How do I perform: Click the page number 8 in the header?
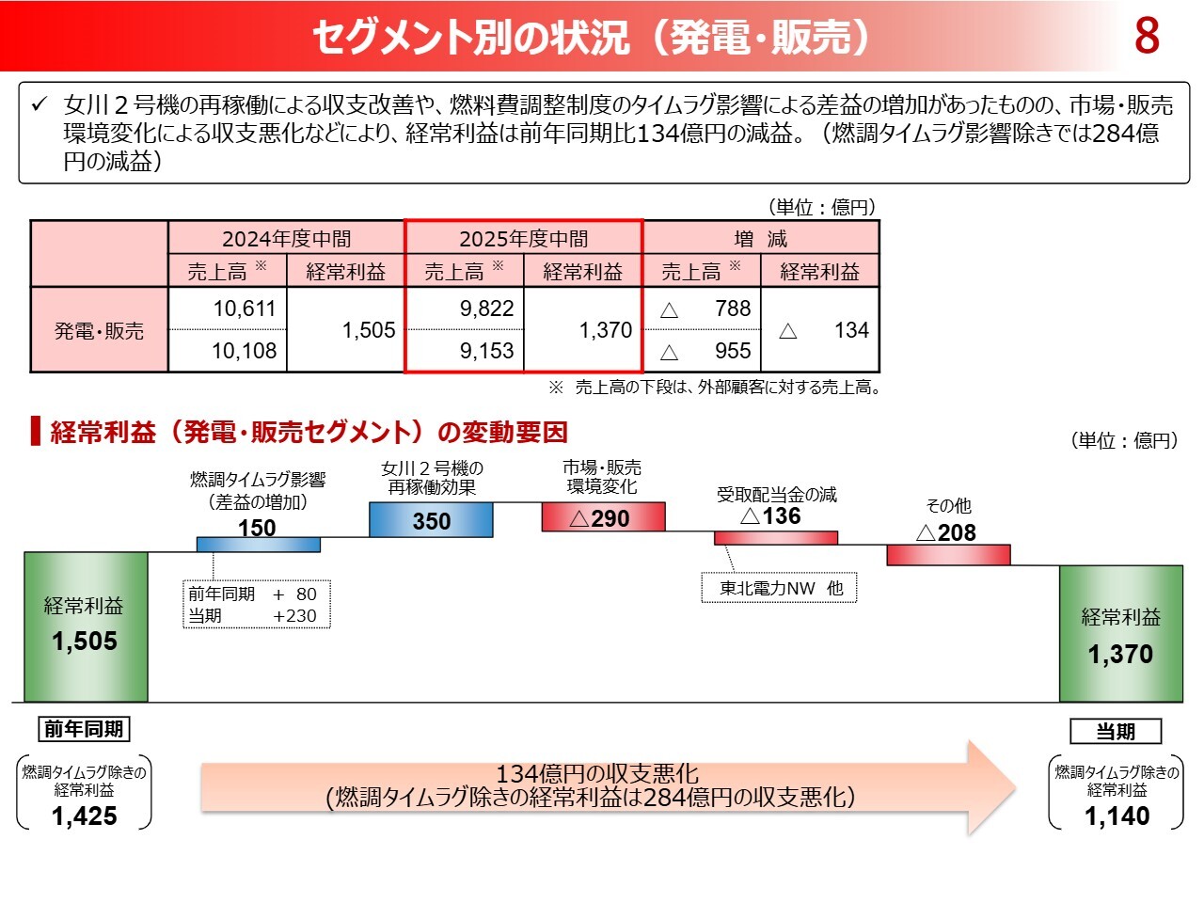[x=1146, y=36]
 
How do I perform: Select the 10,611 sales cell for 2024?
[x=244, y=309]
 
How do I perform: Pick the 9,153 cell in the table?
[x=486, y=351]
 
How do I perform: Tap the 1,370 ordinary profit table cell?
[x=605, y=330]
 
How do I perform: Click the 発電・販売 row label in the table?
[x=99, y=330]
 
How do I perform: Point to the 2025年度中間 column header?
[x=523, y=238]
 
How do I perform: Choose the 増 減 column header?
[x=760, y=238]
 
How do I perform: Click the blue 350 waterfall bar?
[x=431, y=520]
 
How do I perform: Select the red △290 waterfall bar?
[x=603, y=517]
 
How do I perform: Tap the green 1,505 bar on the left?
[x=86, y=626]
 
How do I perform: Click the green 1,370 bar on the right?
[x=1120, y=634]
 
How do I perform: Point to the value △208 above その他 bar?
[x=947, y=532]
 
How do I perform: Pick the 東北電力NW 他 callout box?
[x=780, y=589]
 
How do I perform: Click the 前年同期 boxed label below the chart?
[x=84, y=729]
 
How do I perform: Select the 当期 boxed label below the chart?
[x=1116, y=732]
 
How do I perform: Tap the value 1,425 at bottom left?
[x=85, y=816]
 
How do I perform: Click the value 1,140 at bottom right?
[x=1117, y=816]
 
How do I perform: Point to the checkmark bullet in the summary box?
[x=40, y=103]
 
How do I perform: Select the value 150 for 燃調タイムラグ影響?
[x=257, y=528]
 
